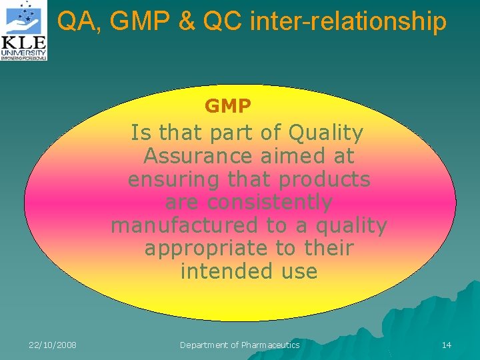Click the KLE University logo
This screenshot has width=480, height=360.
[x=24, y=31]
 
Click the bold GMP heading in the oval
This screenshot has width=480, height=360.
[x=227, y=106]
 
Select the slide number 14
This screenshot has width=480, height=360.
[x=446, y=345]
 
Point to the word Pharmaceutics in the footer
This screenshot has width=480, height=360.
[x=269, y=345]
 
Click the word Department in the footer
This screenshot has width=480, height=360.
[x=204, y=345]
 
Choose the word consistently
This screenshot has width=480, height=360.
[x=269, y=203]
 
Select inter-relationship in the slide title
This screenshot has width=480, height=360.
[x=348, y=23]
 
